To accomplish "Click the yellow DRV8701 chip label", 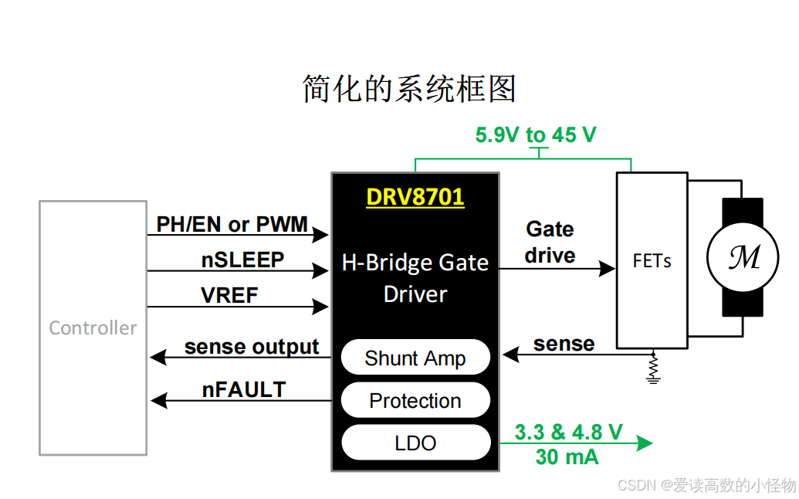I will tap(415, 197).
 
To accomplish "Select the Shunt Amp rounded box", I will tap(415, 358).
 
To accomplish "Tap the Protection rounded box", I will tap(415, 401).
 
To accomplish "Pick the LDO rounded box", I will tap(415, 443).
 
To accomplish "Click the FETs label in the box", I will tap(652, 261).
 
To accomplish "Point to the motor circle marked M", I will tap(743, 258).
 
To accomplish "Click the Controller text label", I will tap(93, 328).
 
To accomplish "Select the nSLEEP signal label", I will tap(242, 260).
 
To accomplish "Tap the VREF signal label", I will tap(229, 296).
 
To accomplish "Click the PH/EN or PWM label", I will tap(232, 225).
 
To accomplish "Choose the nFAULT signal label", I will tap(244, 390).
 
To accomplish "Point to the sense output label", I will tap(251, 348).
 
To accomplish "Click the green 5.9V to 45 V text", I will tap(536, 135).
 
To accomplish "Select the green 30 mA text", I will tap(567, 457).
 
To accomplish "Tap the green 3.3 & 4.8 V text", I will tap(568, 433).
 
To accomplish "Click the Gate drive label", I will tap(550, 243).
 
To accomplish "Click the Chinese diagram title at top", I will tap(408, 90).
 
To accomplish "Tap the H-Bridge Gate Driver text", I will tap(415, 278).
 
